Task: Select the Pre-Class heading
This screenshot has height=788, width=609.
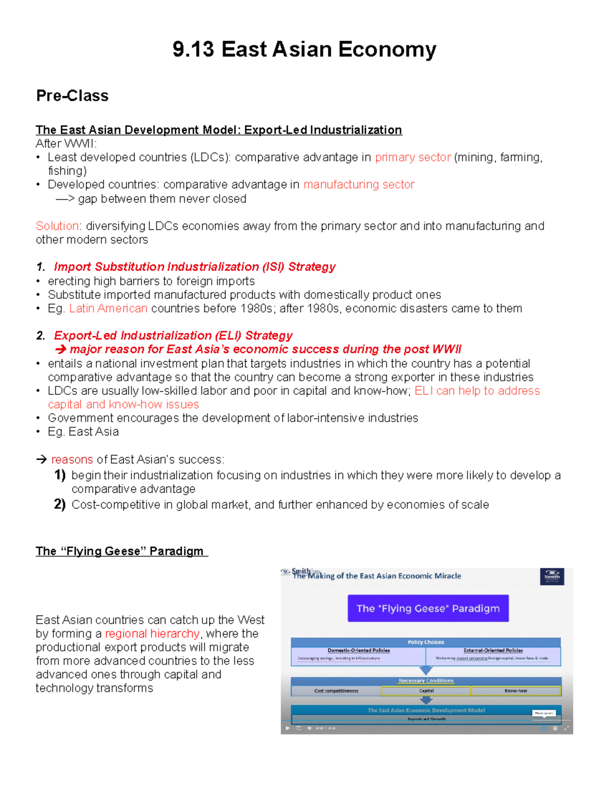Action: click(72, 95)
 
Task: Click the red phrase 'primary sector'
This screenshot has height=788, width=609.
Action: click(413, 157)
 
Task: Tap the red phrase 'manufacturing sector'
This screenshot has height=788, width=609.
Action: click(359, 185)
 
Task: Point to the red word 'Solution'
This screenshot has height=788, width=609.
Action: click(57, 226)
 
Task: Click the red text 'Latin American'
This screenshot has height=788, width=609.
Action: click(108, 309)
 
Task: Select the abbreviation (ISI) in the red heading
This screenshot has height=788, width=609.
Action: click(273, 267)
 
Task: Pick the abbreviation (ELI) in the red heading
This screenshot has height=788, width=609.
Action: click(228, 335)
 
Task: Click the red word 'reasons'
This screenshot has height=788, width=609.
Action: click(72, 460)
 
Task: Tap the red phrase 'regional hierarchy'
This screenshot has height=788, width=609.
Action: click(152, 634)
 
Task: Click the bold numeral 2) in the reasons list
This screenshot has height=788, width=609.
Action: click(60, 504)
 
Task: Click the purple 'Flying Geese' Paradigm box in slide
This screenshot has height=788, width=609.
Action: click(428, 608)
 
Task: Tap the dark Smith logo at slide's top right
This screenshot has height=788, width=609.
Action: click(552, 576)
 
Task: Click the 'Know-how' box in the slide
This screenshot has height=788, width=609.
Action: click(516, 691)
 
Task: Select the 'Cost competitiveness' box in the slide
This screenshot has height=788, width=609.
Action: click(336, 691)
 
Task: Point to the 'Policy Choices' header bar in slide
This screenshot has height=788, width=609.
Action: click(426, 642)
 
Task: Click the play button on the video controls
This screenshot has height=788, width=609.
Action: click(287, 728)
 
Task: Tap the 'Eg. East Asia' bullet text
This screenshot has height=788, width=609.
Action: click(83, 432)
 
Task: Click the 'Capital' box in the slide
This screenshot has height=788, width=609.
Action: click(426, 691)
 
